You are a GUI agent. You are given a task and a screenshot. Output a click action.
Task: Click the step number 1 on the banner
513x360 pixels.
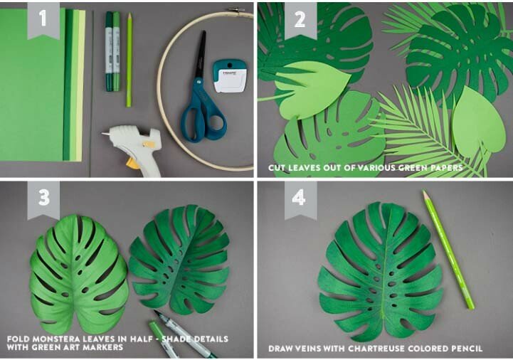tap(43, 18)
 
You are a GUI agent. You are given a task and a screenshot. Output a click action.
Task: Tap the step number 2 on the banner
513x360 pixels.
tap(300, 19)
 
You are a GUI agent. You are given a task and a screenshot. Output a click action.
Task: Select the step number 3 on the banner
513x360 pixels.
tap(44, 197)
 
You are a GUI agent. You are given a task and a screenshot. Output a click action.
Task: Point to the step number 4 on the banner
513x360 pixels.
tap(299, 198)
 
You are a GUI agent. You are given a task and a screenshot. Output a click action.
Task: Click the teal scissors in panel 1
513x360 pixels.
tap(202, 95)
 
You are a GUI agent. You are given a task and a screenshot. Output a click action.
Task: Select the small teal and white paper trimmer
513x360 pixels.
tap(229, 75)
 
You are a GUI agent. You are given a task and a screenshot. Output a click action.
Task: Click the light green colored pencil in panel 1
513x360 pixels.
tap(129, 60)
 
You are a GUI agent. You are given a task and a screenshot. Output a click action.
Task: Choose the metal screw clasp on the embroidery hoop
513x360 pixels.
tap(236, 10)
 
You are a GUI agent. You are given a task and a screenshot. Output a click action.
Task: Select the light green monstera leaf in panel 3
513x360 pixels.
tap(78, 274)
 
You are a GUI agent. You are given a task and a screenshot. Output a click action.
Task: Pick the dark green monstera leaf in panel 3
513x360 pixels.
tap(179, 259)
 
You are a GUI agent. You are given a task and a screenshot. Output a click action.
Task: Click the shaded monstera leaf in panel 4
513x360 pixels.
tap(381, 272)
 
